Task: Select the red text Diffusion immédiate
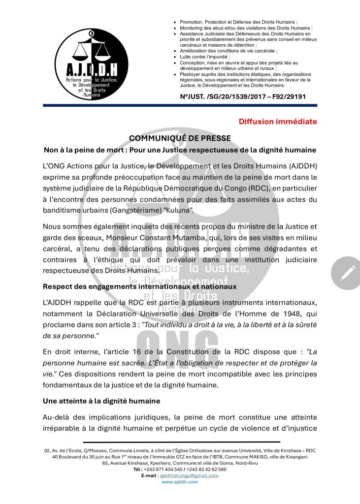278,122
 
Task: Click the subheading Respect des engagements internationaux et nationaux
139,286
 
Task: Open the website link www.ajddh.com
180,482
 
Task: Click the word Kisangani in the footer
294,457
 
